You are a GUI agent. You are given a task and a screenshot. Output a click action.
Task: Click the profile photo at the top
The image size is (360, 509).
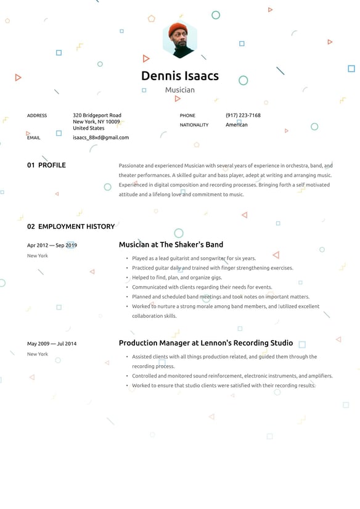coord(179,39)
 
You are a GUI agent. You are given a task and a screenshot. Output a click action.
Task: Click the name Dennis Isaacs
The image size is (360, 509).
coord(179,76)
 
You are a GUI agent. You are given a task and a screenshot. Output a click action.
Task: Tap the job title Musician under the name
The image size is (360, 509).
coord(179,90)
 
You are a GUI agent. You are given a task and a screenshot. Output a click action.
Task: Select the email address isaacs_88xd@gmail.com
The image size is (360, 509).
coord(100,138)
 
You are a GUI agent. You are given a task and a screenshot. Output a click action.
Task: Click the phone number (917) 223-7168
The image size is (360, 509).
coord(243,115)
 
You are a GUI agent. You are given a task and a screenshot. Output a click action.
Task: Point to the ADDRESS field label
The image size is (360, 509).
coord(37,115)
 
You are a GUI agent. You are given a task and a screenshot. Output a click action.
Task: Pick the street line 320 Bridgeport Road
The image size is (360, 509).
coord(97,115)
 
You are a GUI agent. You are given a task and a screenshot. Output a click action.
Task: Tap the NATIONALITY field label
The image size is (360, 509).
coord(194,125)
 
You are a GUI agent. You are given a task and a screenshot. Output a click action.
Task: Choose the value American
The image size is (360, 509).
coord(237,125)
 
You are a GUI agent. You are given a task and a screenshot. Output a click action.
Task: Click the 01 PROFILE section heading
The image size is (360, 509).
coord(46,165)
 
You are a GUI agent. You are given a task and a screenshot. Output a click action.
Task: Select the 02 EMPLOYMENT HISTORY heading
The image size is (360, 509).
coord(71,226)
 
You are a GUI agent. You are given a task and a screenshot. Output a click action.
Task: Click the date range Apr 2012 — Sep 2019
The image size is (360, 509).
coord(52,245)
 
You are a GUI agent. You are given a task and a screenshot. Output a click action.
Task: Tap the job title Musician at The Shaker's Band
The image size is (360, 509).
coord(171,244)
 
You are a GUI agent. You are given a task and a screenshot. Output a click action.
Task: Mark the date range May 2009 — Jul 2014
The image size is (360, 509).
coord(52,344)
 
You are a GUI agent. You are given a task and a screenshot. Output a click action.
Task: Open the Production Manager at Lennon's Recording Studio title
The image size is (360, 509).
coord(206,343)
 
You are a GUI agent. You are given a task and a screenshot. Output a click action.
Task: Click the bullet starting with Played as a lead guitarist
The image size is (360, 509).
coord(194,259)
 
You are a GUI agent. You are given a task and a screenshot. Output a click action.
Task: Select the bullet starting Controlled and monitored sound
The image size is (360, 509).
coord(232,376)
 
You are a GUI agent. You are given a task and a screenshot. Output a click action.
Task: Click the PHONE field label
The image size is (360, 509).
coord(187,115)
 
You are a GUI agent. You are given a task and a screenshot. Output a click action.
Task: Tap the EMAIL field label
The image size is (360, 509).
coord(34,138)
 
